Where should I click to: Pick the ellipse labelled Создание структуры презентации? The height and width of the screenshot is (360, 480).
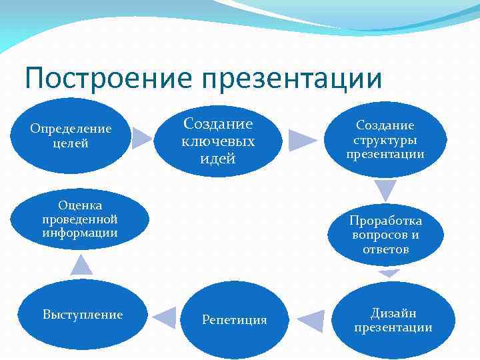385,140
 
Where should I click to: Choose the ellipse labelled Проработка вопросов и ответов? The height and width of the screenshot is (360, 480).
386,235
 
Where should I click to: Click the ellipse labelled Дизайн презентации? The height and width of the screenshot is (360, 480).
393,319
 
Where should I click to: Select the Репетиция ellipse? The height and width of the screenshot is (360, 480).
234,320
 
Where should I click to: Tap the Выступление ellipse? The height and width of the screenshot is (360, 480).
83,315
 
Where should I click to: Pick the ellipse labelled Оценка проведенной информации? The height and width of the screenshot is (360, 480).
79,217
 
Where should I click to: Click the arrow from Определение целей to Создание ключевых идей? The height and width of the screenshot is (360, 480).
142,137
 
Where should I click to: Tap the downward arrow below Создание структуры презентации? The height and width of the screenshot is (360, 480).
385,190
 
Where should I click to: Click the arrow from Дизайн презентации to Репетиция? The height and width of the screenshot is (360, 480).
311,321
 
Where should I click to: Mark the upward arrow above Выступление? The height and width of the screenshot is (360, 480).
81,265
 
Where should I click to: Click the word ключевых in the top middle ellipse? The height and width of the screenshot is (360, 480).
218,141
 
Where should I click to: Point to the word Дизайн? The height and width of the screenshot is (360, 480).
393,312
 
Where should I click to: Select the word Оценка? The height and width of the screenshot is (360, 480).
79,205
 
